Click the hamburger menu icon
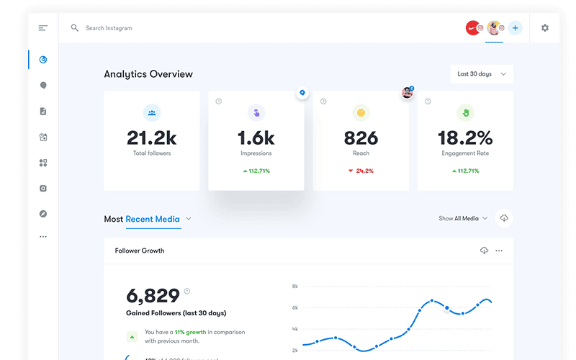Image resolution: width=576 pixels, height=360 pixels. (x=43, y=28)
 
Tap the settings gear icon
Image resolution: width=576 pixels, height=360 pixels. (x=545, y=28)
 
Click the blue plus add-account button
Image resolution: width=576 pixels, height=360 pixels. (x=515, y=28)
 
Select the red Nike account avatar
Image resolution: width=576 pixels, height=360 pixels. (x=472, y=28)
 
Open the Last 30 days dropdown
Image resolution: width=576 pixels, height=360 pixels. (x=482, y=74)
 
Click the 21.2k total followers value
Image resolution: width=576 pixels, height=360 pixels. (x=152, y=137)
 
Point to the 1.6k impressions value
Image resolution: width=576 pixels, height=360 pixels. (x=256, y=137)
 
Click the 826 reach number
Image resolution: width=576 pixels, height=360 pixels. (x=361, y=137)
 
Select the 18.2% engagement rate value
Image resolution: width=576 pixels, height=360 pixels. (x=466, y=137)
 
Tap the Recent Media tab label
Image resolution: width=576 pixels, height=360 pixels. (x=153, y=219)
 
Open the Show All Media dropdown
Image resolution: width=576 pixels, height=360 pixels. (x=463, y=218)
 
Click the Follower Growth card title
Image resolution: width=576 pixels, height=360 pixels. (x=140, y=251)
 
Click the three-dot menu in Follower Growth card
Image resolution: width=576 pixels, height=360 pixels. (x=499, y=251)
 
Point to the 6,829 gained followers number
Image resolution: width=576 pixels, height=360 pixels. (x=153, y=295)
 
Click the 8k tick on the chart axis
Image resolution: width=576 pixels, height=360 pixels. (x=294, y=286)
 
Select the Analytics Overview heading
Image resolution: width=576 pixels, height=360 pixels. (x=148, y=74)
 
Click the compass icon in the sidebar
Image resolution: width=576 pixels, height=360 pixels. (x=43, y=214)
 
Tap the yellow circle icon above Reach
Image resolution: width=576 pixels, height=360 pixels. (x=361, y=112)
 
